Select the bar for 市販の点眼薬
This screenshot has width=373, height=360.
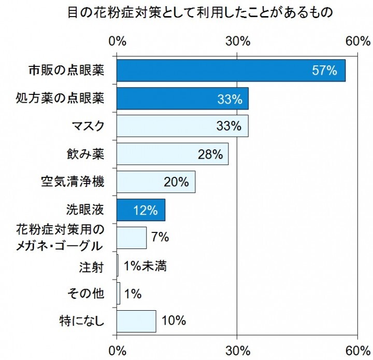[x=231, y=71]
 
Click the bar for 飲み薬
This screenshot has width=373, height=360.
[x=173, y=154]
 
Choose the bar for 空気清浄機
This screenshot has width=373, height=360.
[x=156, y=182]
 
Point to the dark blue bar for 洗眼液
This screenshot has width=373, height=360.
[x=141, y=210]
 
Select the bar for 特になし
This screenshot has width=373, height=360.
[x=136, y=321]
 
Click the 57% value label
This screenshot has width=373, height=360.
[x=325, y=71]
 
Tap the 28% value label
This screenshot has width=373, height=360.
[x=210, y=154]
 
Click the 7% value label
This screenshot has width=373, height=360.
[x=161, y=238]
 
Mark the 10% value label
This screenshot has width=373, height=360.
[x=174, y=321]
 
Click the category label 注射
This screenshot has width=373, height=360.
[x=92, y=267]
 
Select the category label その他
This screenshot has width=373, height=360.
[x=86, y=294]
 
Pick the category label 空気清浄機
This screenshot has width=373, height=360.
[x=73, y=182]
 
